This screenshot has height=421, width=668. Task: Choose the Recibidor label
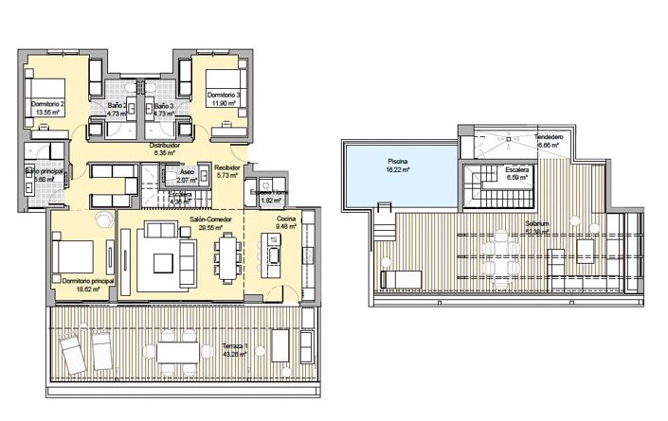pos(226,171)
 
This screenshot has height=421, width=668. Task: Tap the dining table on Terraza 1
pos(178,351)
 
